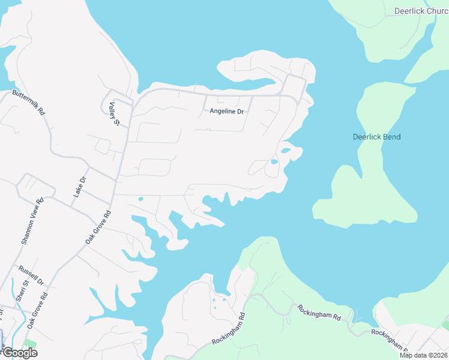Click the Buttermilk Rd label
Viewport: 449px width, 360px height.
[29, 103]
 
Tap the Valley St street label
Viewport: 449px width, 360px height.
[114, 114]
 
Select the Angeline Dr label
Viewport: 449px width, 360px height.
[227, 112]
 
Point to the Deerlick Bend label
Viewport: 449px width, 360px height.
[376, 137]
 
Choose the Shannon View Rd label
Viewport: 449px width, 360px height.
[32, 221]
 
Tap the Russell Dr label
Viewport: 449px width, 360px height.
[31, 275]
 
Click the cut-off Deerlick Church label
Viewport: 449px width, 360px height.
[421, 11]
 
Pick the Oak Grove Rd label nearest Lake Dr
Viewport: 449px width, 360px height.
[98, 226]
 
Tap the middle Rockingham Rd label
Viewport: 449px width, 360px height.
[319, 313]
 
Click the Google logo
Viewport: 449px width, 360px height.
[19, 353]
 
